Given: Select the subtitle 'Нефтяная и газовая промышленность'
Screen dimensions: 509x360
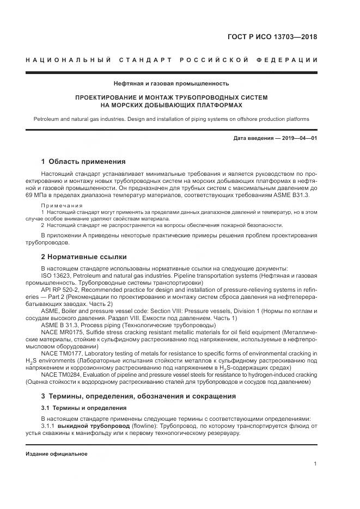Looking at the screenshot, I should click(x=171, y=83).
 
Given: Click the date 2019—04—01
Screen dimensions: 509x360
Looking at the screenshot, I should click(x=298, y=138).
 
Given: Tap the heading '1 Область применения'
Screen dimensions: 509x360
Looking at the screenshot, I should click(x=83, y=162).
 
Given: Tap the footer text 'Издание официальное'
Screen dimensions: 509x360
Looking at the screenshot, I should click(x=56, y=454).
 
